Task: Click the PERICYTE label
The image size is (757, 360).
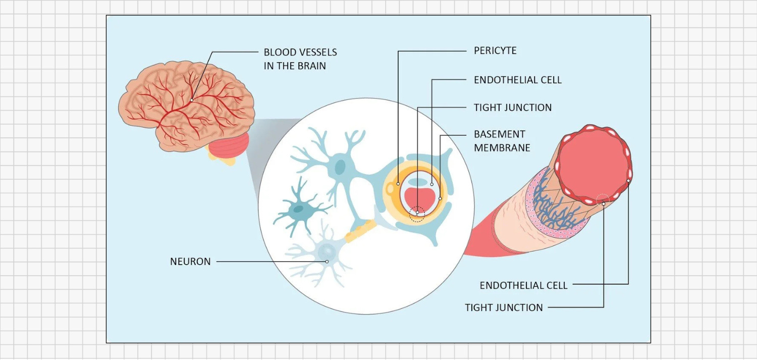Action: click(495, 51)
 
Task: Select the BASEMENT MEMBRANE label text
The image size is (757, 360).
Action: click(502, 141)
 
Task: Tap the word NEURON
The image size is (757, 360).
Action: click(190, 262)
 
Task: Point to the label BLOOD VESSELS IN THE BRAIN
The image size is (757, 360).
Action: click(300, 59)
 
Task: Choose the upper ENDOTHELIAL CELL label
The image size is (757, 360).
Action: click(517, 80)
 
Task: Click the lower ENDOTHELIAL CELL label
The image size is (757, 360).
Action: click(523, 285)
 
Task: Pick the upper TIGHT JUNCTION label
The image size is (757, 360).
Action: click(512, 108)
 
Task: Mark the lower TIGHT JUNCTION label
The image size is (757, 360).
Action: click(504, 307)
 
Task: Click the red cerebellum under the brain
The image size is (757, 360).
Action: click(229, 148)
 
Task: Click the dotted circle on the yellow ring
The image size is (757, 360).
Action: click(417, 214)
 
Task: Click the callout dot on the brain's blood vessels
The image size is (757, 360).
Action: click(192, 100)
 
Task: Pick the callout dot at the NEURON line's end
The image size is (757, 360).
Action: click(327, 262)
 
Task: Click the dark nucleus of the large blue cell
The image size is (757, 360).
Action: click(342, 166)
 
